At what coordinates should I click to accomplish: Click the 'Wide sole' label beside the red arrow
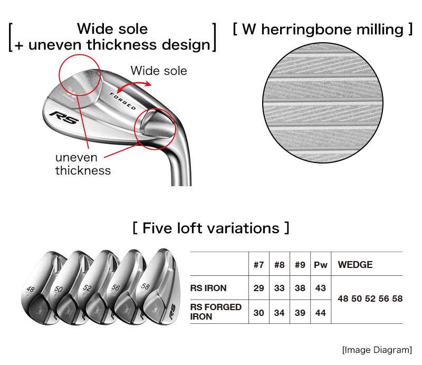click(x=159, y=70)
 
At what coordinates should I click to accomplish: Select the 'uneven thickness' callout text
click(x=83, y=164)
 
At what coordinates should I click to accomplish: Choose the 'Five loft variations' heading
click(x=211, y=228)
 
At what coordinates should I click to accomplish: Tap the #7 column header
click(x=258, y=265)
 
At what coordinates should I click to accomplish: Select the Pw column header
click(x=320, y=265)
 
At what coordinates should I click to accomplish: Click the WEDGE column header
click(x=354, y=265)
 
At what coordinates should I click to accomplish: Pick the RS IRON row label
click(x=208, y=289)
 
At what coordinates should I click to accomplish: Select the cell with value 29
click(x=258, y=289)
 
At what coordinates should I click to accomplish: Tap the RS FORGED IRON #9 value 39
click(x=300, y=313)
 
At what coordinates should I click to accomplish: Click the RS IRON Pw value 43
click(x=320, y=289)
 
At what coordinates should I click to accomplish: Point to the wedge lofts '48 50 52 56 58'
click(x=370, y=299)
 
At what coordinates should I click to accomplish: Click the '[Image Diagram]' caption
click(x=377, y=350)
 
